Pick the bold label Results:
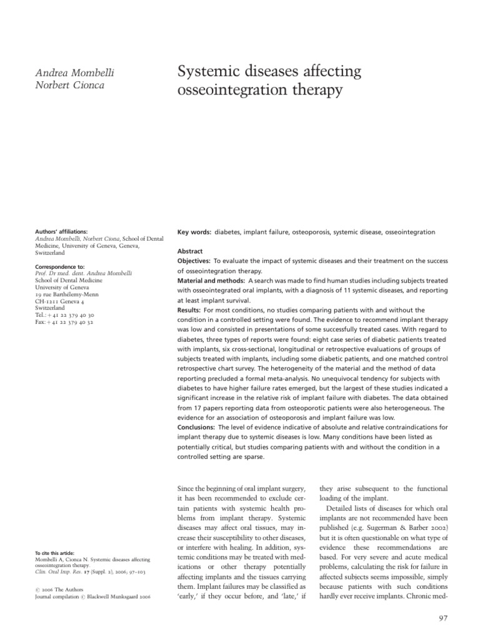pos(189,309)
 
